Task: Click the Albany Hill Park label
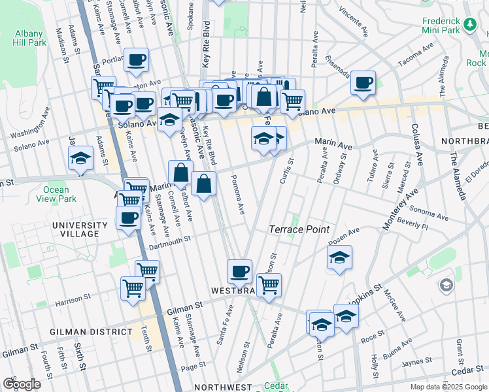(27, 37)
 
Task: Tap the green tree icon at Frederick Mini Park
(469, 24)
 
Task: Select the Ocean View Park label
(60, 194)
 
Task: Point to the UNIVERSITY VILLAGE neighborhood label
(76, 229)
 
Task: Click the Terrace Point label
(299, 229)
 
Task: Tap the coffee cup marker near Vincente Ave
(363, 83)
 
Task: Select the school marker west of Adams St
(80, 159)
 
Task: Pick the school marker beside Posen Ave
(339, 259)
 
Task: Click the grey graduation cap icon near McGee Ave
(446, 285)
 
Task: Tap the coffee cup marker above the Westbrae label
(239, 271)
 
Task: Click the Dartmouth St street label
(169, 241)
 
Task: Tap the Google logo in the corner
(22, 384)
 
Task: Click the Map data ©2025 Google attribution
(448, 387)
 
